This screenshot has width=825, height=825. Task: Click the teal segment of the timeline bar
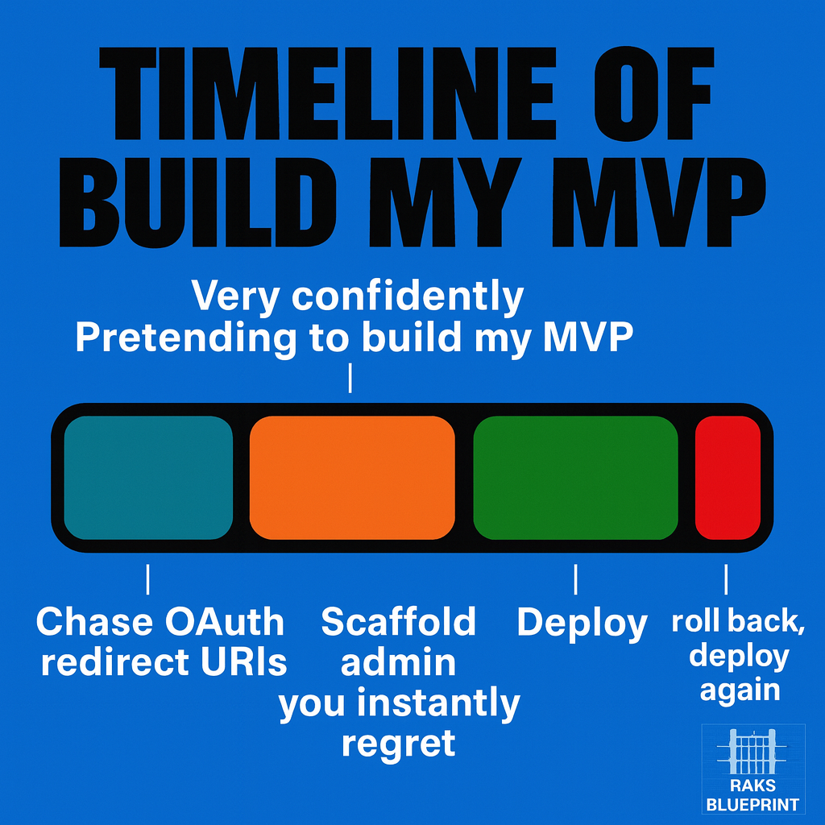148,478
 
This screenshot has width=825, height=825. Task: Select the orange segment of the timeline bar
352,478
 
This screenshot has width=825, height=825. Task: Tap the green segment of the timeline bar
575,478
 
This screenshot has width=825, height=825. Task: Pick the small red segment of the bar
728,478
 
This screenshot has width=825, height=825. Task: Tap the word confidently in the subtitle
408,297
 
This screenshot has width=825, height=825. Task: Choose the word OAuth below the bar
225,622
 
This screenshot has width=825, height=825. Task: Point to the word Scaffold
399,622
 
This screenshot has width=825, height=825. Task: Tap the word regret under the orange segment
399,743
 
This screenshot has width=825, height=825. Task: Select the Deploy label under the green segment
582,623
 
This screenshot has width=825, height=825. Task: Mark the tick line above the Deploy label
575,578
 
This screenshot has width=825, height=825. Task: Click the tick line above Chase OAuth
148,578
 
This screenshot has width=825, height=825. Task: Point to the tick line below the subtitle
350,377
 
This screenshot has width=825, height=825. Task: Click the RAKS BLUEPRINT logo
752,769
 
